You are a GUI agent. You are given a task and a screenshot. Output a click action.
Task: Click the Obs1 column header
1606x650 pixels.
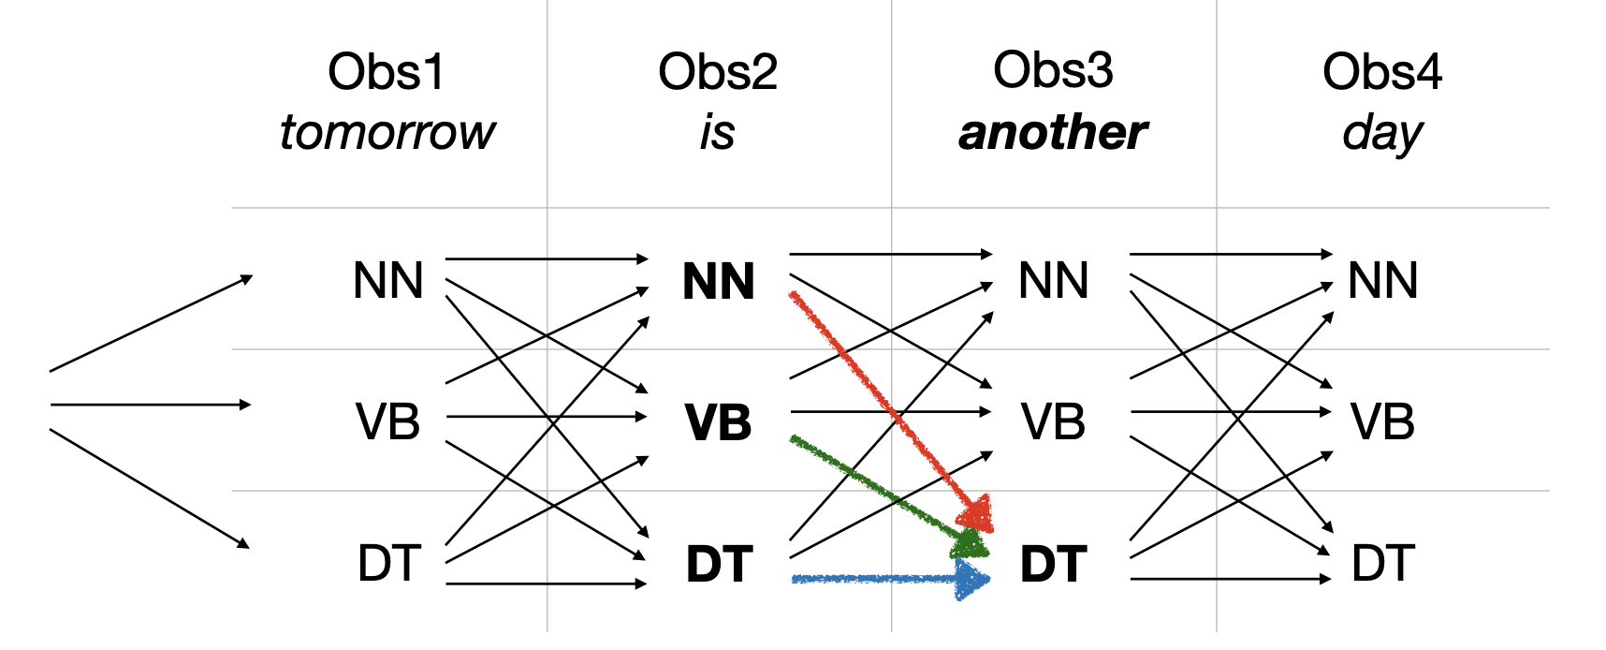tap(386, 72)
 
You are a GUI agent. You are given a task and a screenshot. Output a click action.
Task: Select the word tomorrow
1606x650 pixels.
tap(387, 132)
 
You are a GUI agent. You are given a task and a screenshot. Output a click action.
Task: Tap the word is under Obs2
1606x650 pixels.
tap(717, 132)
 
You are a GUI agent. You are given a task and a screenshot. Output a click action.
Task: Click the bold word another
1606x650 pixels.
tap(1053, 132)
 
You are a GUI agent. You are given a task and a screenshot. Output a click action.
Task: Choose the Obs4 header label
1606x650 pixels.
tap(1382, 72)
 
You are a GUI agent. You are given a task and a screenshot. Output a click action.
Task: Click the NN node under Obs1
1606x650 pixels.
tap(387, 280)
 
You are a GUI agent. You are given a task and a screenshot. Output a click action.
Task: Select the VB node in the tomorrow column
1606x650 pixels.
tap(387, 421)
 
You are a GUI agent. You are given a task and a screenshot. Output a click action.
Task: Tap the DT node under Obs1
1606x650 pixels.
tap(388, 563)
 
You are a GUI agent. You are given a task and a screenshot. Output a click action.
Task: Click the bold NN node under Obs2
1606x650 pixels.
tap(718, 281)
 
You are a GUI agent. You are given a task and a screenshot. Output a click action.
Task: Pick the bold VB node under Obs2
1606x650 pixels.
tap(718, 422)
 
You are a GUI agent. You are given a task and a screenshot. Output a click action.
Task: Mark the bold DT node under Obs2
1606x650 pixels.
tap(719, 564)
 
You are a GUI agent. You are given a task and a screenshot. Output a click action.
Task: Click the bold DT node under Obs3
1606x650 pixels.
tap(1053, 564)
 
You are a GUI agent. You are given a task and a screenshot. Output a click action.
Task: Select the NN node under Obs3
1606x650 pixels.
tap(1053, 280)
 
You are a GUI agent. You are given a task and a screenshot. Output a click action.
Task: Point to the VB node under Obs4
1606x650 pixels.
tap(1382, 421)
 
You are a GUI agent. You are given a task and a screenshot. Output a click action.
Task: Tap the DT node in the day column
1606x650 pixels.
tap(1382, 563)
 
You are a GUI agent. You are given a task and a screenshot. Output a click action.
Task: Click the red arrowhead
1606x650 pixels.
tap(977, 514)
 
